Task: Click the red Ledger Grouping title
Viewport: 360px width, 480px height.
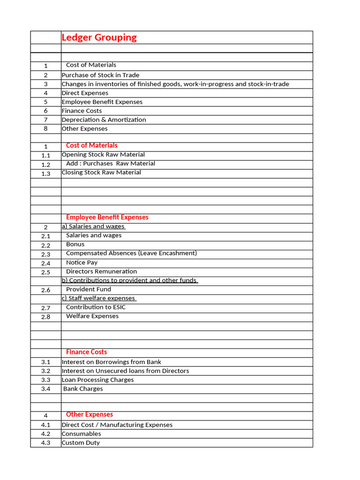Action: (x=99, y=37)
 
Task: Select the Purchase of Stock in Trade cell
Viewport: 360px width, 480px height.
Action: (x=100, y=75)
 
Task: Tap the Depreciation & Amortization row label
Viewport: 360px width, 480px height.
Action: (x=104, y=120)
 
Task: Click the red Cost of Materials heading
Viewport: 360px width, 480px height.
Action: (x=92, y=145)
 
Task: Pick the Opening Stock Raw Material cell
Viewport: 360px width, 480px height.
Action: (x=103, y=154)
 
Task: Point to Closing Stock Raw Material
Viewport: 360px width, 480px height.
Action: (x=101, y=172)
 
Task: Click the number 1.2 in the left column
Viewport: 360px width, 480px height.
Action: (x=45, y=165)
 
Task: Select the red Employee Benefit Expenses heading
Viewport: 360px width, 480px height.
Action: (x=107, y=217)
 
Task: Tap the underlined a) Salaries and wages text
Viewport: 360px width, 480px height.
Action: (x=93, y=226)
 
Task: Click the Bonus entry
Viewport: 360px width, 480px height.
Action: (x=75, y=244)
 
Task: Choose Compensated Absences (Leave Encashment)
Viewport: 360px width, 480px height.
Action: (x=131, y=253)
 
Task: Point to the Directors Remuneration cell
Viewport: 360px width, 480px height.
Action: (x=101, y=271)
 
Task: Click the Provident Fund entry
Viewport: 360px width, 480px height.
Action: (x=89, y=289)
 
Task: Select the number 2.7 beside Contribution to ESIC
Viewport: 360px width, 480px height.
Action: (x=45, y=308)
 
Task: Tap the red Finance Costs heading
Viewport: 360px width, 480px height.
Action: (x=86, y=352)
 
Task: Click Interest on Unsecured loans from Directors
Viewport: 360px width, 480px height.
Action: (x=125, y=371)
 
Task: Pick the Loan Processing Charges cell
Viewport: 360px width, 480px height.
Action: (x=97, y=380)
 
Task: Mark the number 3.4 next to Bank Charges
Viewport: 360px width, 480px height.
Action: (x=45, y=389)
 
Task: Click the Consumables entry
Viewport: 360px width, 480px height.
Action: (x=81, y=434)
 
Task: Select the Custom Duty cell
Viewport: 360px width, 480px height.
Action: (x=81, y=442)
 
